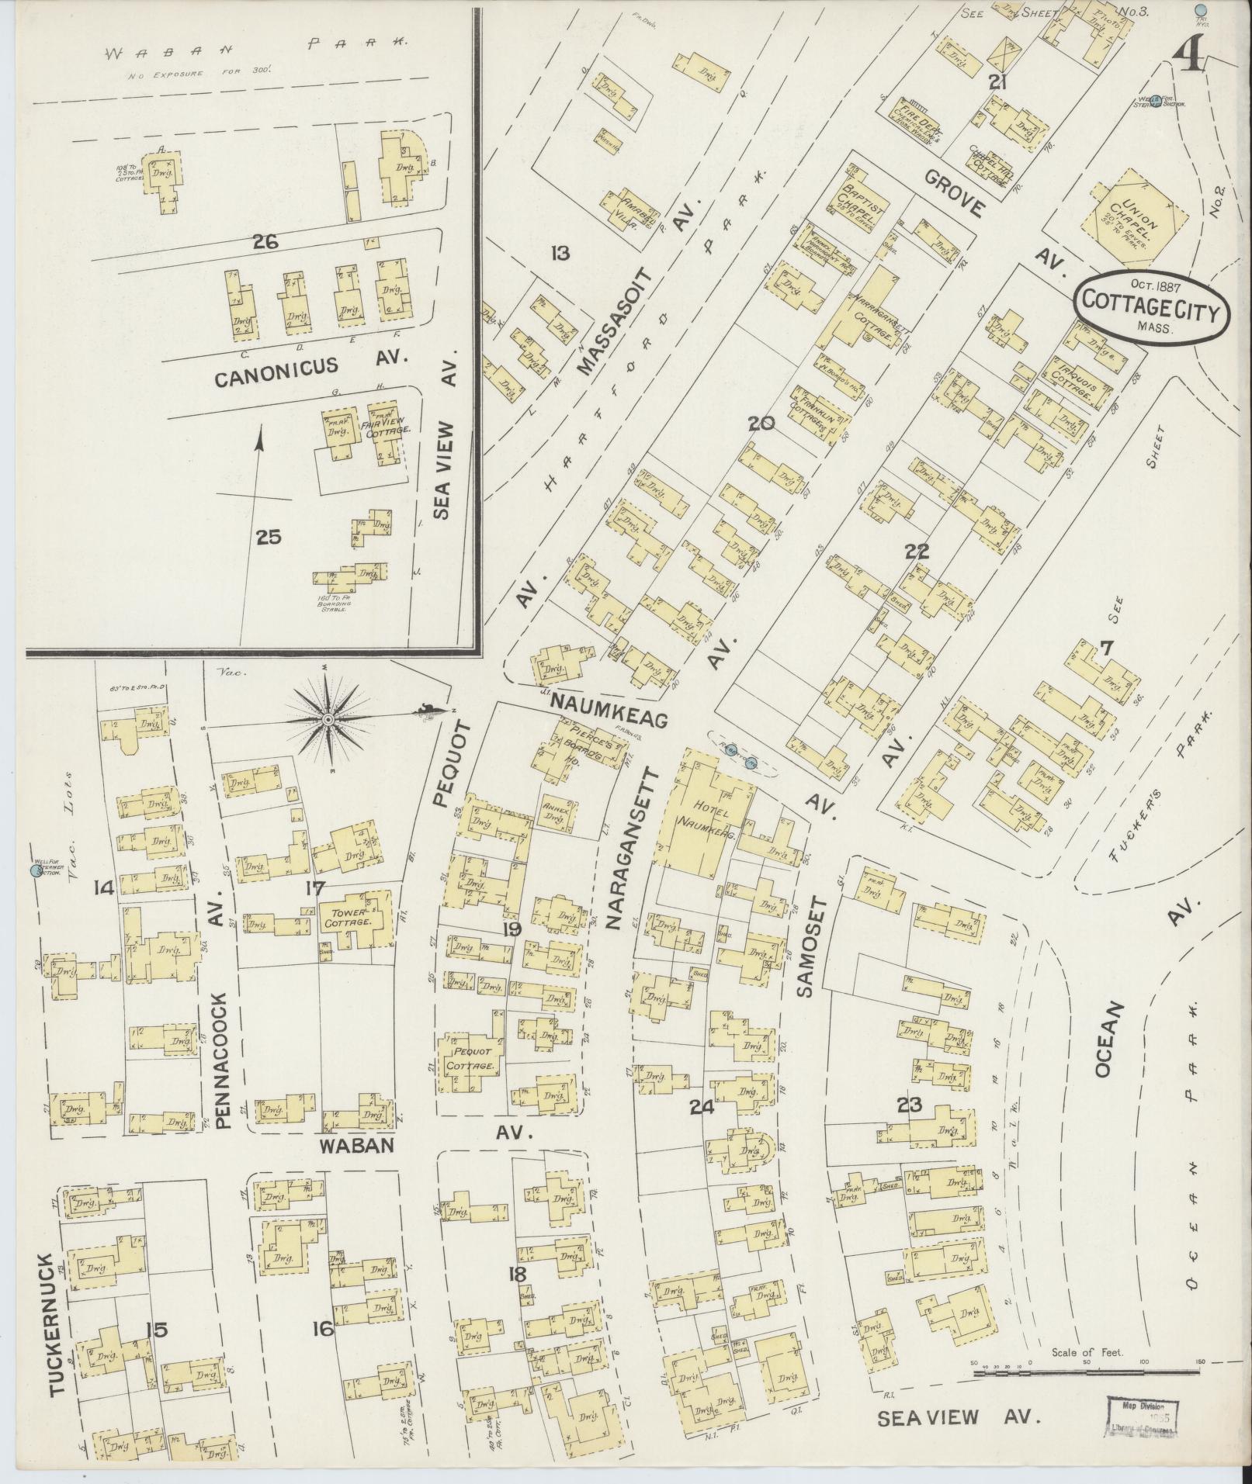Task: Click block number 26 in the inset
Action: (x=265, y=243)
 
